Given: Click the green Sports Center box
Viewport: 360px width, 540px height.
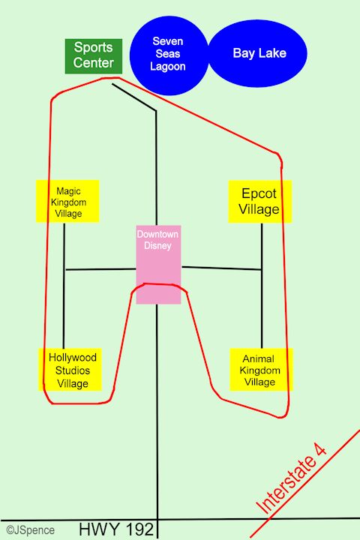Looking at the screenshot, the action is pos(94,56).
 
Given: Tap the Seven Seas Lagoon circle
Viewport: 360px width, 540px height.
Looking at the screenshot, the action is pos(169,55).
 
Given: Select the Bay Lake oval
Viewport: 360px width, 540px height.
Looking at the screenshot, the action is pos(258,53).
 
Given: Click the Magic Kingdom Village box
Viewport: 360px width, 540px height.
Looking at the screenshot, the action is pos(67,201).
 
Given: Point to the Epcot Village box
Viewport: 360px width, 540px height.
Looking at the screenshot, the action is pos(259,202).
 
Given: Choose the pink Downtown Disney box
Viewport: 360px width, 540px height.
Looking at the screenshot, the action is pos(158,265).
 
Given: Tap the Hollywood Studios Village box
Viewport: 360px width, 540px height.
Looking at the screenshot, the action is pos(70,370).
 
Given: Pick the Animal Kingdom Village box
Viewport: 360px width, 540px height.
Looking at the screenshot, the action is pos(261,370).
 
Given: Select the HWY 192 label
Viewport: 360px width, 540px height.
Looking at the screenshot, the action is pos(116,529).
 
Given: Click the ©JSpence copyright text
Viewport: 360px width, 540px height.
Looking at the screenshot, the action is pos(30,530).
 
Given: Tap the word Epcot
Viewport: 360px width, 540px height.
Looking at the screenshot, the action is pos(259,193).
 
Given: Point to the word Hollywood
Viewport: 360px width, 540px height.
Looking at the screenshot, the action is pos(72,358).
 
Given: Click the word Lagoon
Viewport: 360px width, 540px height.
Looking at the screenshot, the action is pos(168,67).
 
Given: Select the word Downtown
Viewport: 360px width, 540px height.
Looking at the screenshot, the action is pos(157,234).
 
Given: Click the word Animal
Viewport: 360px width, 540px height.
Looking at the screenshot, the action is pos(258,358).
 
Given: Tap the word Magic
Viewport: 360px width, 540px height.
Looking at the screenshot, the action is pos(68,191).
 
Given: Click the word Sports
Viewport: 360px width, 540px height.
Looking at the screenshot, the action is pos(93,47).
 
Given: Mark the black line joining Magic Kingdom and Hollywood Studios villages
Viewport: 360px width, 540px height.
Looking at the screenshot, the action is pos(64,286).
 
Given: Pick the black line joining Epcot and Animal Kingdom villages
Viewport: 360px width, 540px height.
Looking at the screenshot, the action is pos(262,286).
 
